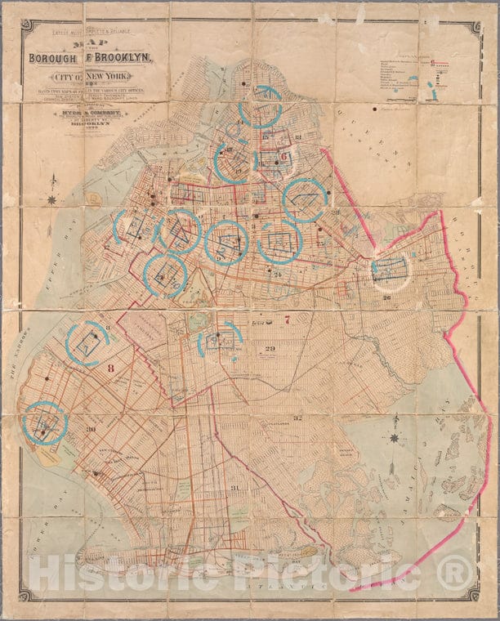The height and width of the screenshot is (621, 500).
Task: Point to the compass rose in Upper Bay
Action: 52,199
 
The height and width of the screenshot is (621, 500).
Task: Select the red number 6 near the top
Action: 283,158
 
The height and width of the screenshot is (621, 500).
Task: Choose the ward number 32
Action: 299,418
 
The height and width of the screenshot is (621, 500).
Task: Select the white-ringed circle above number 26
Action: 391,270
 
